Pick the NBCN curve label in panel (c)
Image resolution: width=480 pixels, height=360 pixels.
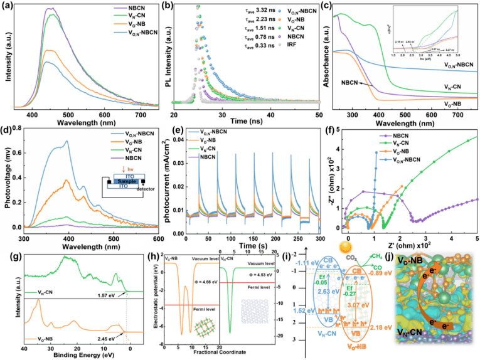tap(354, 82)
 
